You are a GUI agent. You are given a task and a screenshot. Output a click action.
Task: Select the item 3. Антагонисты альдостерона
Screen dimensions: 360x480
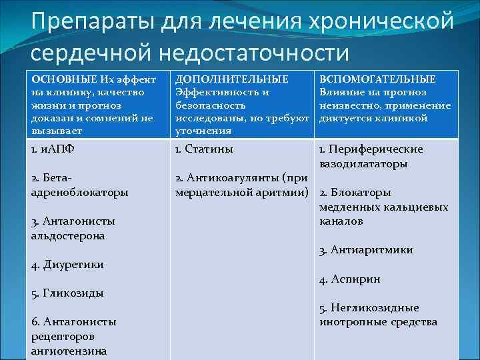pos(73,228)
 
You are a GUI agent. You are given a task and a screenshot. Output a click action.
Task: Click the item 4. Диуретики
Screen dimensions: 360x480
pos(67,265)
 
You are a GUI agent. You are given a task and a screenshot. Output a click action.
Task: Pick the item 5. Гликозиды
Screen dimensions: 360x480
pos(67,293)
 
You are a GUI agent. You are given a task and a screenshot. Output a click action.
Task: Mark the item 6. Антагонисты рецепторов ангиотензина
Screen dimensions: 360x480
pos(74,336)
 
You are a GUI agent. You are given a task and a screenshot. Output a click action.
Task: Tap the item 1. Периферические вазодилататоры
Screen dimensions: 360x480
pos(371,157)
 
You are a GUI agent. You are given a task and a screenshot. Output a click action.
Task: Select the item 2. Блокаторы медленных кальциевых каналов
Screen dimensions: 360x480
pos(383,207)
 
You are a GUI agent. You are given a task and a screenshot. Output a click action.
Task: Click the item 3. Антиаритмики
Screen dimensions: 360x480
pos(366,250)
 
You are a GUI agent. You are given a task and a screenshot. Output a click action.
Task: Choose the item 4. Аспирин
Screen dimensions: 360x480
pos(350,279)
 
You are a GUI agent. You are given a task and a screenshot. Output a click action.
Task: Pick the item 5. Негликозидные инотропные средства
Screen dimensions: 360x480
pos(378,315)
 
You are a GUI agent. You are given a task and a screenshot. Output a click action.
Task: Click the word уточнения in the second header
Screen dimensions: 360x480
pos(203,131)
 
